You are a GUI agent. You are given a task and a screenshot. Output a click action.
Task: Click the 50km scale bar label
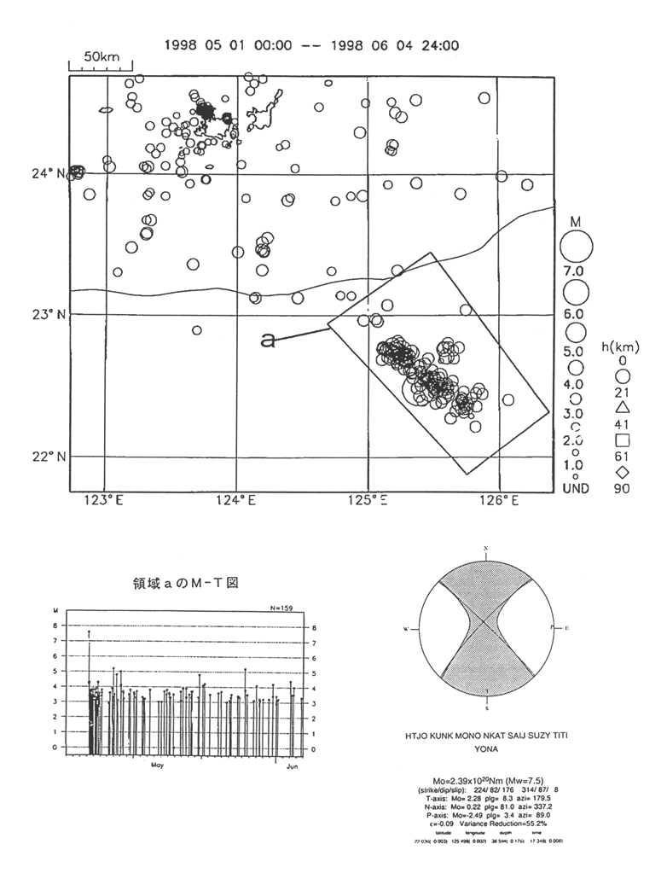tap(102, 55)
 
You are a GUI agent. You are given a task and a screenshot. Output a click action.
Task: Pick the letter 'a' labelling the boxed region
tap(268, 341)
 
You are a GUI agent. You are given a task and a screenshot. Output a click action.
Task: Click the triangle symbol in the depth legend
tap(622, 408)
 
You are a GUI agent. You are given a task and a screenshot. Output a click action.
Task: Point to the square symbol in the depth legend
tap(622, 440)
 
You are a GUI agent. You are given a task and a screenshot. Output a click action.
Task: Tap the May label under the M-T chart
tap(158, 765)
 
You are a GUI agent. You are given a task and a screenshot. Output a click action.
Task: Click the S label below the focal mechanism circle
tap(486, 707)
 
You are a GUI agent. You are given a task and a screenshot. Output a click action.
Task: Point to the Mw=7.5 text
tap(521, 782)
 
